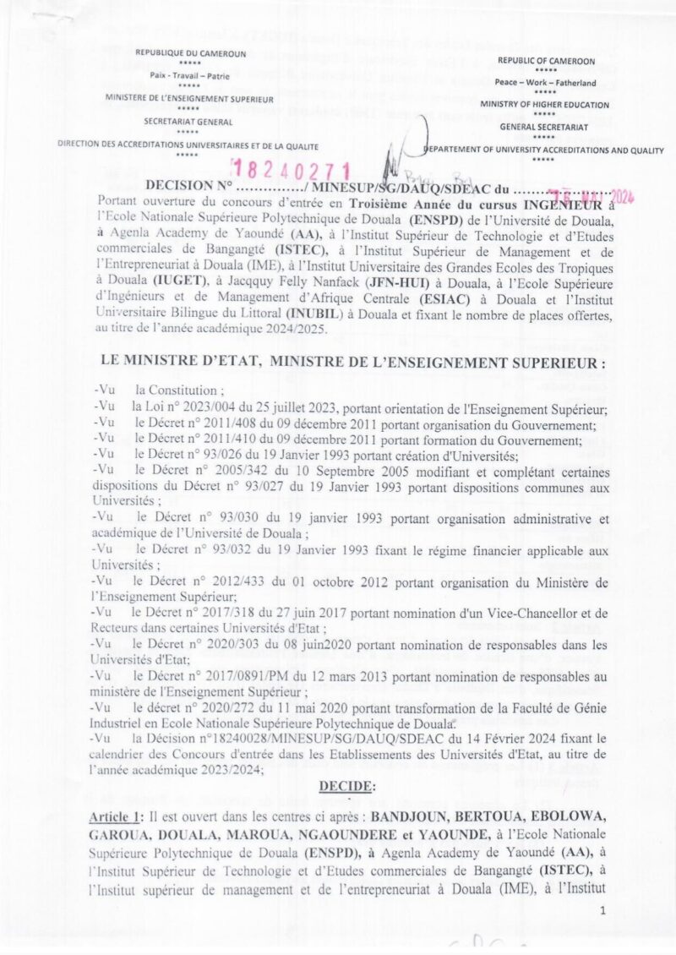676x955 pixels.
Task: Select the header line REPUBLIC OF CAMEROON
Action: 546,62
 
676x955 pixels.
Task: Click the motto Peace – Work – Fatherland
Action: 546,83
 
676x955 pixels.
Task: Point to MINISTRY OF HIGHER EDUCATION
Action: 545,104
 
